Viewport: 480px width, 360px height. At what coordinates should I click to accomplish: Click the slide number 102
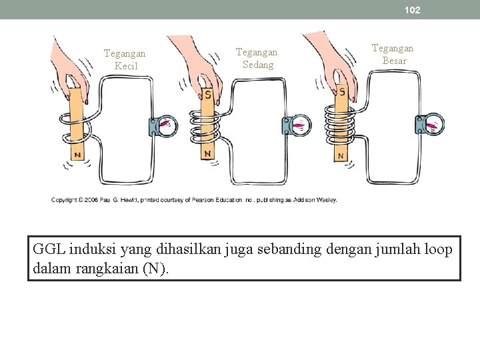412,10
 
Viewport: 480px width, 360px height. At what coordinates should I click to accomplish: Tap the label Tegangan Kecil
125,59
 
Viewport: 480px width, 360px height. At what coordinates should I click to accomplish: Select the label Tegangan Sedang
257,59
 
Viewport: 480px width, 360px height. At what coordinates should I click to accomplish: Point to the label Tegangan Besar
392,54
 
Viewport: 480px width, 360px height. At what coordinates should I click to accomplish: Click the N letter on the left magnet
77,155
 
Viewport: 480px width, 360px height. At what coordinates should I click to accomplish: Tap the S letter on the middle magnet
207,95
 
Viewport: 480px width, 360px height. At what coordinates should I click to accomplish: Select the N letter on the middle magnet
208,153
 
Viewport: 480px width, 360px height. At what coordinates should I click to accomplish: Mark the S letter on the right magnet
342,91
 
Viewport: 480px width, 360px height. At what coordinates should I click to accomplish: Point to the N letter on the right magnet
341,156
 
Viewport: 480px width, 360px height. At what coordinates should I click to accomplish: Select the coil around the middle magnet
207,127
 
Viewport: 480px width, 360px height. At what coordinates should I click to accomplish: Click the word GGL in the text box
45,249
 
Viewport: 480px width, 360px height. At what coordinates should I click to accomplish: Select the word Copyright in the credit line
67,199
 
